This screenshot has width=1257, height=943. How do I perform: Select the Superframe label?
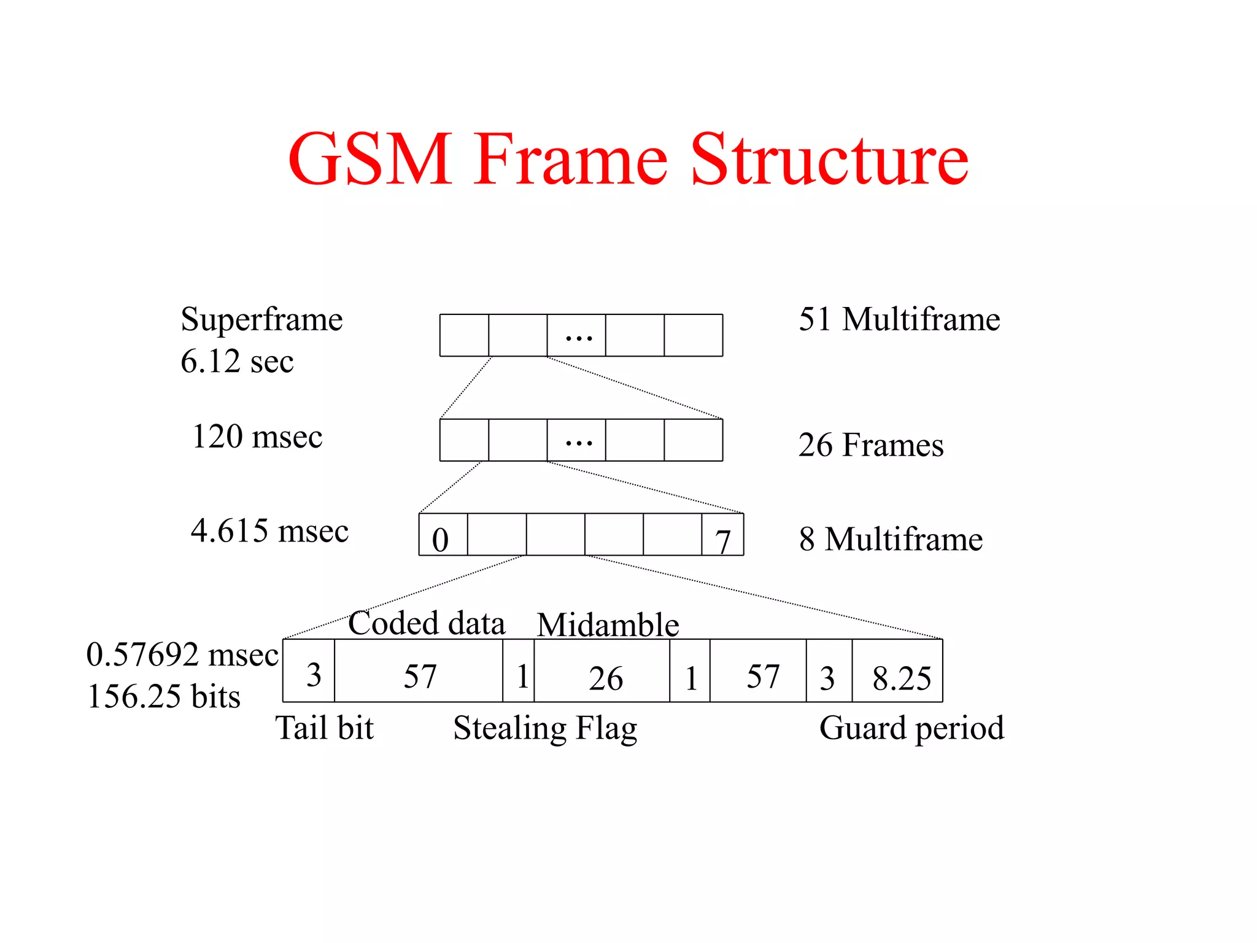coord(261,319)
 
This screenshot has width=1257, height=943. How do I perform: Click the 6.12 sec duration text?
coord(237,361)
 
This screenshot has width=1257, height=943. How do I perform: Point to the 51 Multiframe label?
coord(899,319)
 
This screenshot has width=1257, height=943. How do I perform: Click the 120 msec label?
coord(257,437)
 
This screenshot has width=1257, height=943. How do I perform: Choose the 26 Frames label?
coord(871,445)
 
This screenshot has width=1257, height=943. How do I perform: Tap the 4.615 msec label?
coord(269,530)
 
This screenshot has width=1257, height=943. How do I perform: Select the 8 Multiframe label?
coord(891,539)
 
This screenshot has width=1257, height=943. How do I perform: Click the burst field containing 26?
coord(602,671)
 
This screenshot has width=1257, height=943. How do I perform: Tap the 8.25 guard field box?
coord(897,671)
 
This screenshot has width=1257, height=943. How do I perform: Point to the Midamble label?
coord(608,625)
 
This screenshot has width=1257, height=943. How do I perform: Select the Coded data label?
coord(427,623)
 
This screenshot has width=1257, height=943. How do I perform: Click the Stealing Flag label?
coord(545,729)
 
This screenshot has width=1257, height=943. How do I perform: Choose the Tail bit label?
coord(325,728)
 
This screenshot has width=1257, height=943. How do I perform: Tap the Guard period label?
coord(911,728)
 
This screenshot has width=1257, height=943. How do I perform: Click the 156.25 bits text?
coord(164,697)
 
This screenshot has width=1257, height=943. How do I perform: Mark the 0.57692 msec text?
coord(182,654)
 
